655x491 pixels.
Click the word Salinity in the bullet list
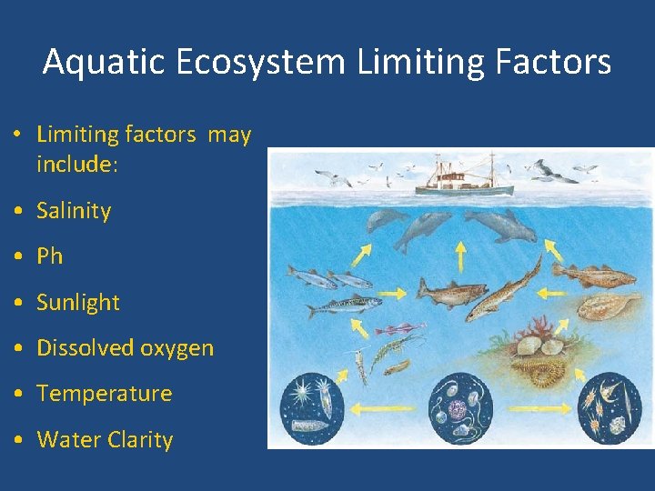74,211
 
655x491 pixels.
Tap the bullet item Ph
49,256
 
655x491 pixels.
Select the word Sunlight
78,303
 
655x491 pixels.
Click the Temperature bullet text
104,394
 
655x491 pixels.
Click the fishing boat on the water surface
464,180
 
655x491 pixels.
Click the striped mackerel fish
343,306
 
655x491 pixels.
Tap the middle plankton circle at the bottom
459,407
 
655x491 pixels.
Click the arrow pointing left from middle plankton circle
383,409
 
